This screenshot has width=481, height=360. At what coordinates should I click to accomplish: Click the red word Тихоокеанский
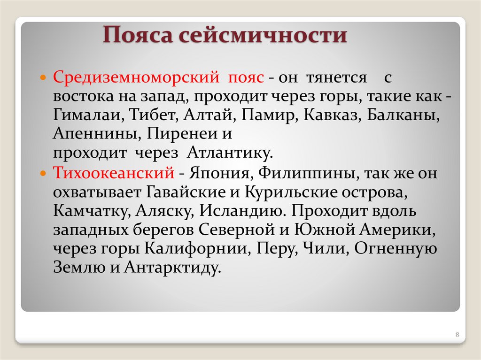[x=114, y=173]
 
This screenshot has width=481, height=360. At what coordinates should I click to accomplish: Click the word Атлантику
[x=230, y=153]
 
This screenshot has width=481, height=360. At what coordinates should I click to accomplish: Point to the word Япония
[x=217, y=173]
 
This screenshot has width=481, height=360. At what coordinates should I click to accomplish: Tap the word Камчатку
[x=92, y=211]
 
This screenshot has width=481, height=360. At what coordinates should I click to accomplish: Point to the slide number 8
[x=457, y=334]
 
